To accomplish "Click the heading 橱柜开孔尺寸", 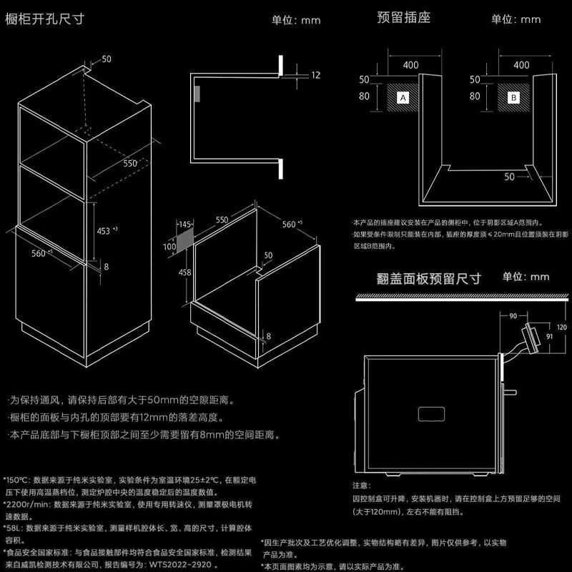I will coord(45,19).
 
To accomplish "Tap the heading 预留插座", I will coord(403,17).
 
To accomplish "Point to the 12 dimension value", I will coord(317,74).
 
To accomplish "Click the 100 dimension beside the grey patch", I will coord(169,247).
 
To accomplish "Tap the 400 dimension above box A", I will coord(410,65).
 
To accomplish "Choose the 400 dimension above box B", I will coord(521,65).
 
